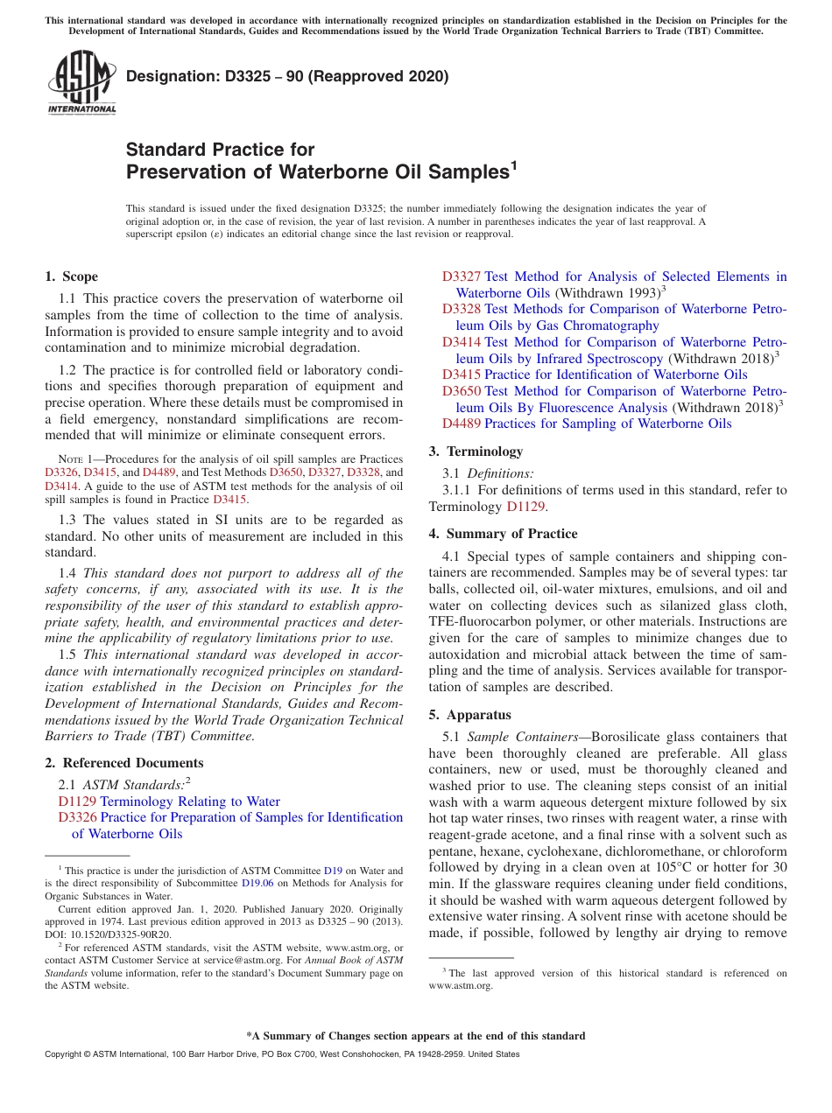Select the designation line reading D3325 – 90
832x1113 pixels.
287,77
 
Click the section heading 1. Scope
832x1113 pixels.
71,276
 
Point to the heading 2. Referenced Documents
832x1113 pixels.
123,763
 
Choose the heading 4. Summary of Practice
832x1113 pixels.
503,534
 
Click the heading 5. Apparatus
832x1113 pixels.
469,715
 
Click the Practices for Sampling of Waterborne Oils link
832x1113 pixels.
607,423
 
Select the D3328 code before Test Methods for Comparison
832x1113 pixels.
461,309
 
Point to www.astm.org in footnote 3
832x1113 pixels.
461,985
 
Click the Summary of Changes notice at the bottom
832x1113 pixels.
415,1036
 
